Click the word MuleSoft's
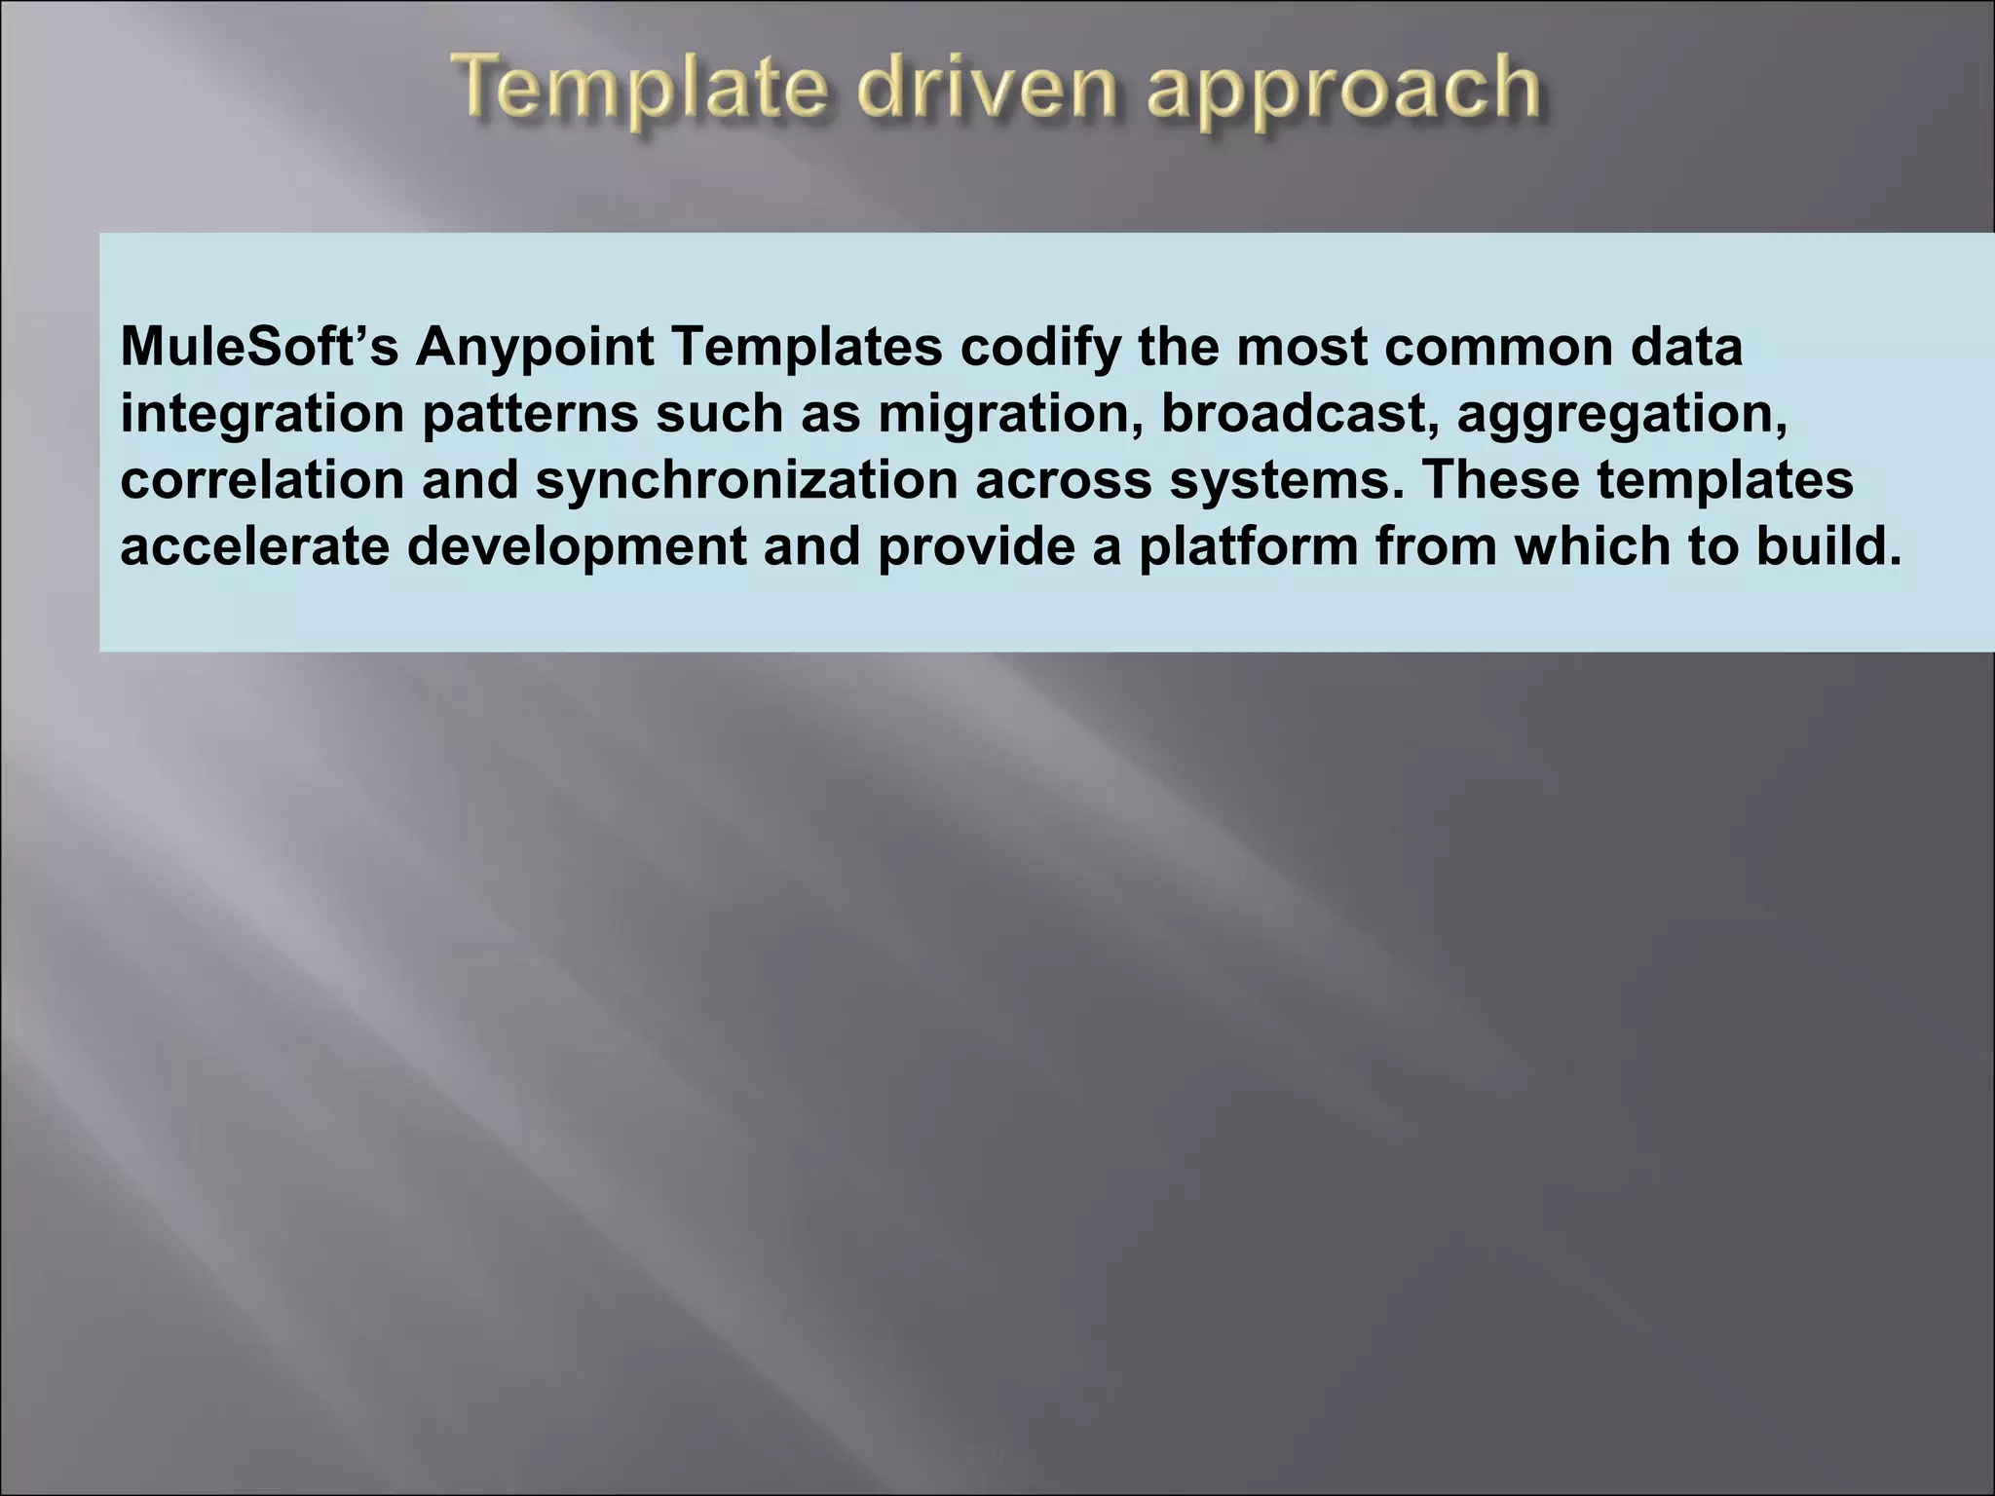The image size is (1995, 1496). [259, 348]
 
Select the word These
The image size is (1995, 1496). [1500, 480]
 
